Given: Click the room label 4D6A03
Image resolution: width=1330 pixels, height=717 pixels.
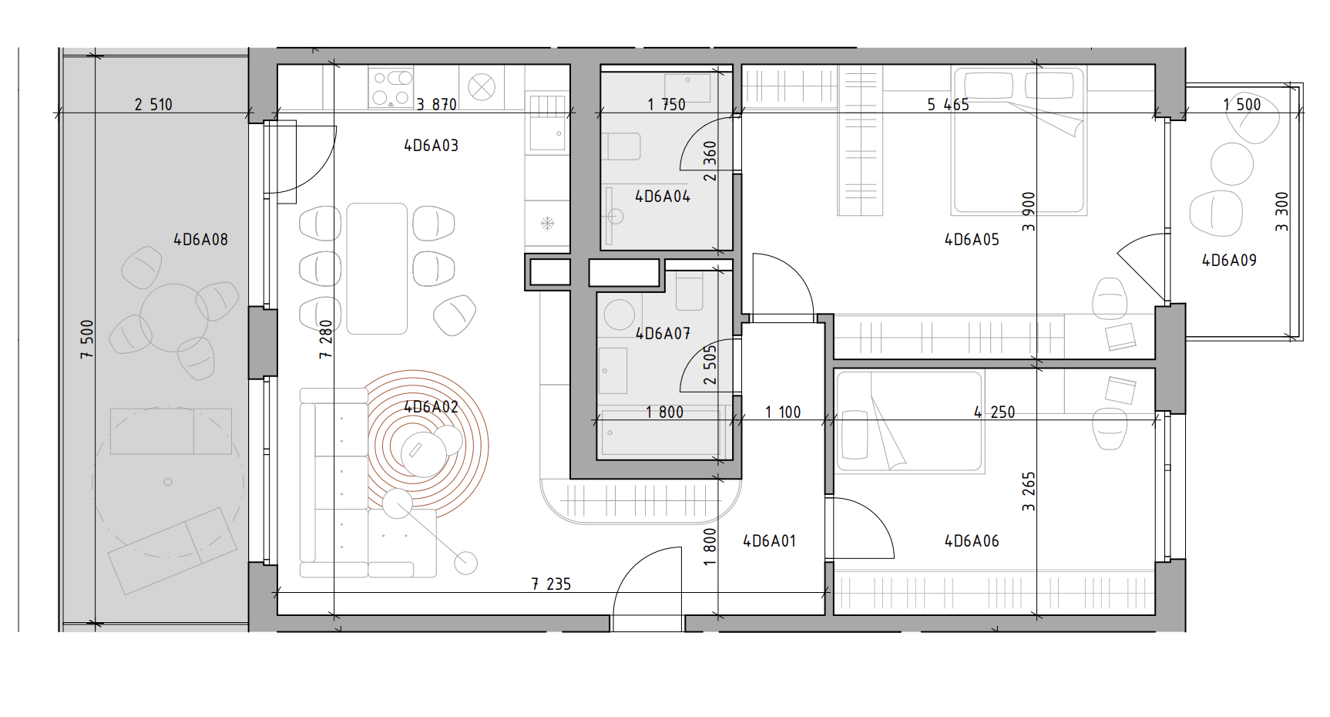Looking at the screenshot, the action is (431, 146).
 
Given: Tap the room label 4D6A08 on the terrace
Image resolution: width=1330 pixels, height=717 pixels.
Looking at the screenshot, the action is (200, 240).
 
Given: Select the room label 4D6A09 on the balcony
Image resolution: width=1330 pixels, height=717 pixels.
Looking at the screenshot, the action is (1229, 261).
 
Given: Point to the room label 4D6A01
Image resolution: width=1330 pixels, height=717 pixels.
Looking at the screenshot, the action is (769, 541).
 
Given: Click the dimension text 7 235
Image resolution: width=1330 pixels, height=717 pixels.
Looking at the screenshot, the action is (551, 584).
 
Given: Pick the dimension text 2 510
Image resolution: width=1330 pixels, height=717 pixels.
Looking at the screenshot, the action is (153, 105).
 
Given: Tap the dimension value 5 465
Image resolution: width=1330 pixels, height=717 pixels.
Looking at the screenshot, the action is (948, 105).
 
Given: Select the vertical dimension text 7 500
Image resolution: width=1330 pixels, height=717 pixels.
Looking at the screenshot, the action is (87, 339).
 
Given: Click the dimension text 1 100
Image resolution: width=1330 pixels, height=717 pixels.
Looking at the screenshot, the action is (783, 412).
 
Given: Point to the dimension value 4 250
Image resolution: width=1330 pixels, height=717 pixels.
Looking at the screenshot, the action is (994, 412).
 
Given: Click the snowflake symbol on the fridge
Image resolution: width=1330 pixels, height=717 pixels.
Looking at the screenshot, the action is (547, 224).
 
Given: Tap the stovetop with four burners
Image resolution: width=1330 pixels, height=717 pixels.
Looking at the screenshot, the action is (391, 87).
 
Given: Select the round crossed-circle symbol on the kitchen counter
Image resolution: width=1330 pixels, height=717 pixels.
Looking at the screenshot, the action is (482, 87).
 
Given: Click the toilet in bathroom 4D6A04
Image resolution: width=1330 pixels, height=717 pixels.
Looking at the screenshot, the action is (621, 146).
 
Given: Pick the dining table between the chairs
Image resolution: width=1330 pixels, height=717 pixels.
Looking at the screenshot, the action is (377, 268).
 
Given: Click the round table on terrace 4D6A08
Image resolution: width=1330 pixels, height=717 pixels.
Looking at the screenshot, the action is (174, 318).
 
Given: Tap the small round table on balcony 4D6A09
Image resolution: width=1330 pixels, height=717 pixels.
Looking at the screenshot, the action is (1232, 164).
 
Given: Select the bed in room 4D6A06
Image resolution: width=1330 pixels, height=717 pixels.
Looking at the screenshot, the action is (910, 422).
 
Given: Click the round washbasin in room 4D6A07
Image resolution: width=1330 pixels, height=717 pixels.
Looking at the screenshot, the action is (620, 315).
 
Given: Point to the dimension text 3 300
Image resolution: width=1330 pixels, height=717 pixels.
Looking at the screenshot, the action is (1281, 211).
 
